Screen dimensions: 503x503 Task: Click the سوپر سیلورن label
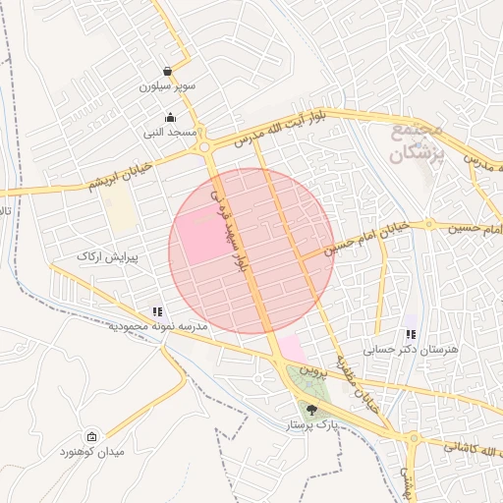pos(168,86)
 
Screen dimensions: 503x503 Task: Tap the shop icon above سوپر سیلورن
pos(168,72)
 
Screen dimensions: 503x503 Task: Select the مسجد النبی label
pos(170,132)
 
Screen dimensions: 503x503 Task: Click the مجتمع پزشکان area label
pos(417,141)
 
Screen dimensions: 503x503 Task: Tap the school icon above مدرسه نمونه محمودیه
pos(157,312)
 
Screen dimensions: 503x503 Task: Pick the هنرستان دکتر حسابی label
pos(403,349)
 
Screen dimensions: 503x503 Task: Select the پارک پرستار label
pos(312,425)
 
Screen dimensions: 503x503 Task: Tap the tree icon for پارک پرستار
pos(312,410)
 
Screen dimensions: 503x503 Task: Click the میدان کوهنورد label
pos(91,452)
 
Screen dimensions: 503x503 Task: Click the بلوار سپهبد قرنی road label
pos(233,232)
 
